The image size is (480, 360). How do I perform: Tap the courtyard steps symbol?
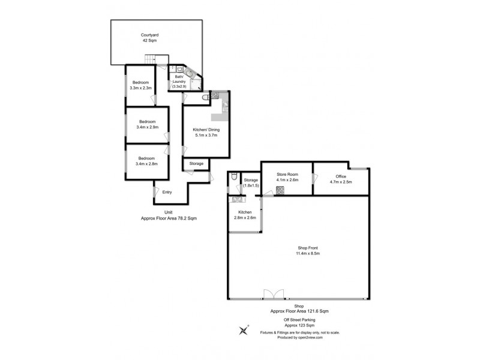(153, 60)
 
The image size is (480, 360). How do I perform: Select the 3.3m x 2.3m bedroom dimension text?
(140, 88)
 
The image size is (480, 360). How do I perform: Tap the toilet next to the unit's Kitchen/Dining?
(206, 97)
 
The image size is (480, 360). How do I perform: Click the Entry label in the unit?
(167, 192)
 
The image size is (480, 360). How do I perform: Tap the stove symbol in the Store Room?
(280, 191)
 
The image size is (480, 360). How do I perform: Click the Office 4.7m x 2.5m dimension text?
(340, 182)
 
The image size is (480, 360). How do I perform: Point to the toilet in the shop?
(233, 178)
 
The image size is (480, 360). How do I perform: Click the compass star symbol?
(244, 329)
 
